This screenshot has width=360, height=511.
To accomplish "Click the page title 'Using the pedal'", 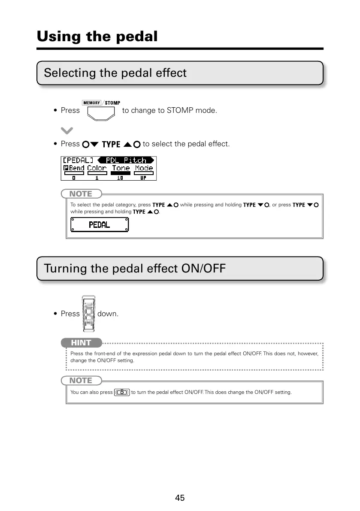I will [97, 36].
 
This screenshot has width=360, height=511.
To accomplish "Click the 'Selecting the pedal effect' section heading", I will [115, 73].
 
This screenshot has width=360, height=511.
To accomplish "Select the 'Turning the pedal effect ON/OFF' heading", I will [134, 269].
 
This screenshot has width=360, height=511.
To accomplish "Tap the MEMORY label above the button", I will [91, 103].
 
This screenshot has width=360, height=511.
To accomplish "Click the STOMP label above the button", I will [112, 103].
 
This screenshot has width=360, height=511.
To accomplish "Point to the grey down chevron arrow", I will [67, 130].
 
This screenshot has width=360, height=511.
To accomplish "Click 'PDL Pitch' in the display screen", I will [126, 160].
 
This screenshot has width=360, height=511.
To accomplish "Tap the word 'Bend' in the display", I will [76, 168].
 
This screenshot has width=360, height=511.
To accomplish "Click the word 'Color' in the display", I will [97, 168].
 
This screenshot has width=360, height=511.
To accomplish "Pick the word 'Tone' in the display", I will [121, 168].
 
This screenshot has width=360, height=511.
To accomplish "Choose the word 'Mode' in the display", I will [144, 168].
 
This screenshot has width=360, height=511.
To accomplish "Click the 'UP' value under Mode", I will [143, 177].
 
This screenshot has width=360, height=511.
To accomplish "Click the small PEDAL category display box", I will [100, 224].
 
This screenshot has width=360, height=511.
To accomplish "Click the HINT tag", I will [81, 343].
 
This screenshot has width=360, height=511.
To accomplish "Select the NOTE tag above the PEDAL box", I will [81, 194].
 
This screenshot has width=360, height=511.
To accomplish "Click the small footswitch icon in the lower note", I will [122, 392].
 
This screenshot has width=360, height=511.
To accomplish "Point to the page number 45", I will [180, 498].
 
